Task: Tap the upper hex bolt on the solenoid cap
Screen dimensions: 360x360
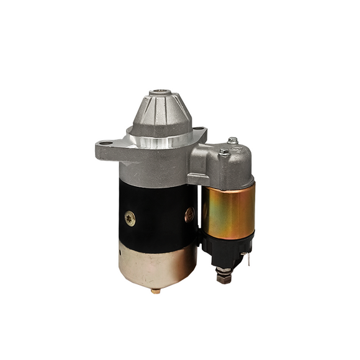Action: click(x=232, y=141)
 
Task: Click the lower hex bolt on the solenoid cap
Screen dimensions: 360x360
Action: click(x=223, y=152)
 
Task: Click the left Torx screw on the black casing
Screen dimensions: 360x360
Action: click(x=130, y=218)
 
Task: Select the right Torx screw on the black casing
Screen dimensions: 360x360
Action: click(x=190, y=214)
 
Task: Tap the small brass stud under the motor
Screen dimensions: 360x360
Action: click(x=155, y=290)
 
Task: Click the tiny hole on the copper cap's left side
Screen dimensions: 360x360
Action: click(x=122, y=255)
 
